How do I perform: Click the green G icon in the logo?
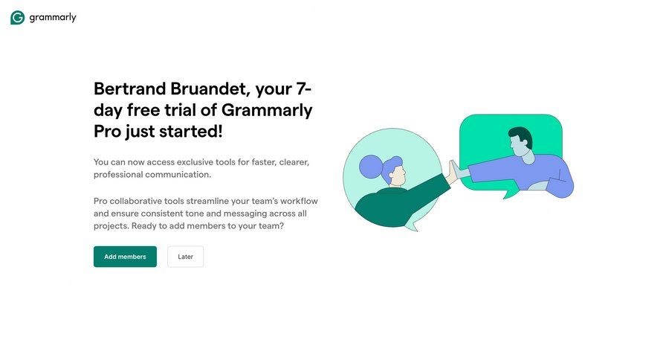(17, 18)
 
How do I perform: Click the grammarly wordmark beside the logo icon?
(53, 18)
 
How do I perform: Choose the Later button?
(185, 257)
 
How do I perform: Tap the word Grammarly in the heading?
(269, 110)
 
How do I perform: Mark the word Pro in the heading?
(107, 132)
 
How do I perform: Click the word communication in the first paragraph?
(179, 174)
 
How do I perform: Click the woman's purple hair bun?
(369, 167)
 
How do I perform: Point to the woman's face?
(398, 176)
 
